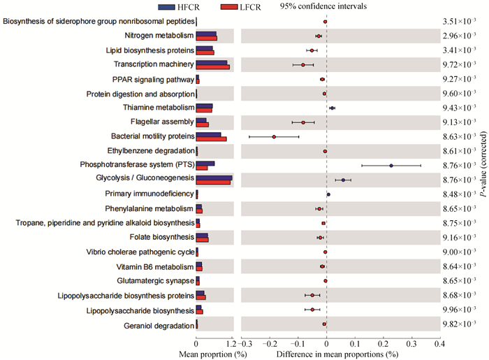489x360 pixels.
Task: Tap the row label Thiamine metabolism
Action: pos(158,108)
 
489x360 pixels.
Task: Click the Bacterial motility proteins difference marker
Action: pos(274,137)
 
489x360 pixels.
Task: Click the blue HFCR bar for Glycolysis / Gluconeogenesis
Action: pos(214,178)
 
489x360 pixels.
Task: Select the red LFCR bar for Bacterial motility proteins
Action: pos(211,139)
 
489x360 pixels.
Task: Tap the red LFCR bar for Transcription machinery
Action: pos(212,67)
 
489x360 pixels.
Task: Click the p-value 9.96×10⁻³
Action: pos(459,309)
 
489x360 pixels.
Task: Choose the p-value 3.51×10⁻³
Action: pos(459,22)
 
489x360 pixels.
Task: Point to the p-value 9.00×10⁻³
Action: pos(459,252)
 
